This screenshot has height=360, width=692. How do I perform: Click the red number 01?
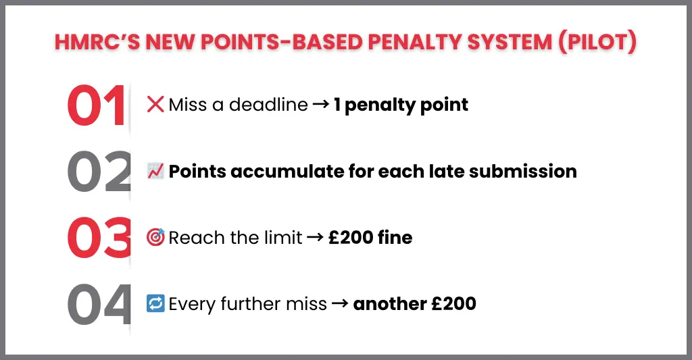[x=96, y=107]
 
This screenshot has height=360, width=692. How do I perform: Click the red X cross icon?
[x=155, y=105]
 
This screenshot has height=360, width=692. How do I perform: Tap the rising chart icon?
[x=155, y=172]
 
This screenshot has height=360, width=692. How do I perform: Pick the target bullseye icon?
[x=155, y=238]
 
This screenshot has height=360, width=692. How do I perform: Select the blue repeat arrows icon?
[x=155, y=304]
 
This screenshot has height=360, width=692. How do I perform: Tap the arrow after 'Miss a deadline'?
[x=320, y=105]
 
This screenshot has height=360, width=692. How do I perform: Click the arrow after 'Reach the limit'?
[x=315, y=238]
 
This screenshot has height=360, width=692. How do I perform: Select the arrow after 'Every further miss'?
[x=340, y=304]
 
